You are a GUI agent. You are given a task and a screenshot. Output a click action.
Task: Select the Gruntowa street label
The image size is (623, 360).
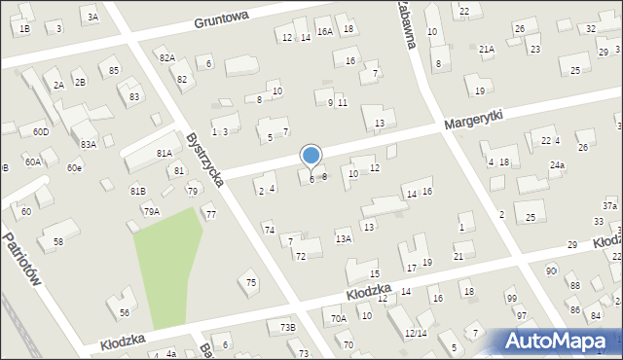221,18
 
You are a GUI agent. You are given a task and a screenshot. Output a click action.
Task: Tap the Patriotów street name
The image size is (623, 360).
22,260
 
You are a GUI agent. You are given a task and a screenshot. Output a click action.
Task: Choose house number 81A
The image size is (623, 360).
164,153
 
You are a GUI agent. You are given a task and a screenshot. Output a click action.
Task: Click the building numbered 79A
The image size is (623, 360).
151,211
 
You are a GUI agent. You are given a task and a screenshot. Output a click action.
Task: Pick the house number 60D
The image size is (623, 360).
40,131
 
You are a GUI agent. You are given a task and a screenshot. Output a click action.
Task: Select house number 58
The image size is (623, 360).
58,240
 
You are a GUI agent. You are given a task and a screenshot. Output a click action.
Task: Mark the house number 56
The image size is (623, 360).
125,312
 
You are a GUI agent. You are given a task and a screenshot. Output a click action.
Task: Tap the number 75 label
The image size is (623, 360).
251,282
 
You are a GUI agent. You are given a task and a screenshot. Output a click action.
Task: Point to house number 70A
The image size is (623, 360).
338,318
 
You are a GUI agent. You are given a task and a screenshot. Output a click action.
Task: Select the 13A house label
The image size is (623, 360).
343,238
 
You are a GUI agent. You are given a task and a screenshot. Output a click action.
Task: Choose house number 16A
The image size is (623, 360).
324,31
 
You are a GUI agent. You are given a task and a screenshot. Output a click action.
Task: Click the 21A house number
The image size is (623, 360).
487,49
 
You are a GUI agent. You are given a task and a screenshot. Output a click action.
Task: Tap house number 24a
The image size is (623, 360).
556,165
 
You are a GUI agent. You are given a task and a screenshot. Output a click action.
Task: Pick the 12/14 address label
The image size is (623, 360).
416,334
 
